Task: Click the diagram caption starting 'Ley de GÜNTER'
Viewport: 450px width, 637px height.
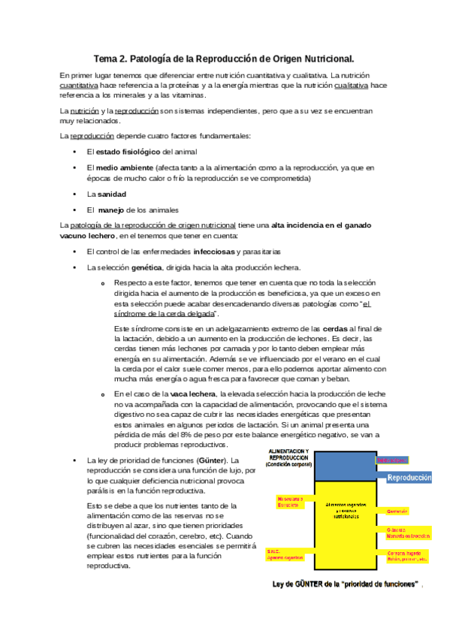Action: click(343, 584)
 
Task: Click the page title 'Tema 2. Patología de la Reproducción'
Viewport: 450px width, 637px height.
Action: click(224, 58)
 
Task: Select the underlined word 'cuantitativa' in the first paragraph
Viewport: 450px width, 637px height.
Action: click(79, 86)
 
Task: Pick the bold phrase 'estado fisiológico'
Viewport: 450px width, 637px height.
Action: click(128, 151)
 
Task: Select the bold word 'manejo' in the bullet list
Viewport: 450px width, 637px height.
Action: click(114, 210)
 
